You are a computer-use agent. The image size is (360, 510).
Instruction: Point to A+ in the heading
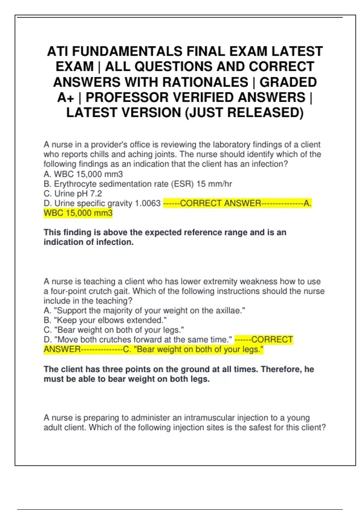[66, 97]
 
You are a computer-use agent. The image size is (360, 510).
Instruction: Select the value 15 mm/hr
[214, 184]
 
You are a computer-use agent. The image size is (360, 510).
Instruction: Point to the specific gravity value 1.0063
[148, 203]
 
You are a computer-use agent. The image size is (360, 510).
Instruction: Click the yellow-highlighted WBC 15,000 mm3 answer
[78, 213]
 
